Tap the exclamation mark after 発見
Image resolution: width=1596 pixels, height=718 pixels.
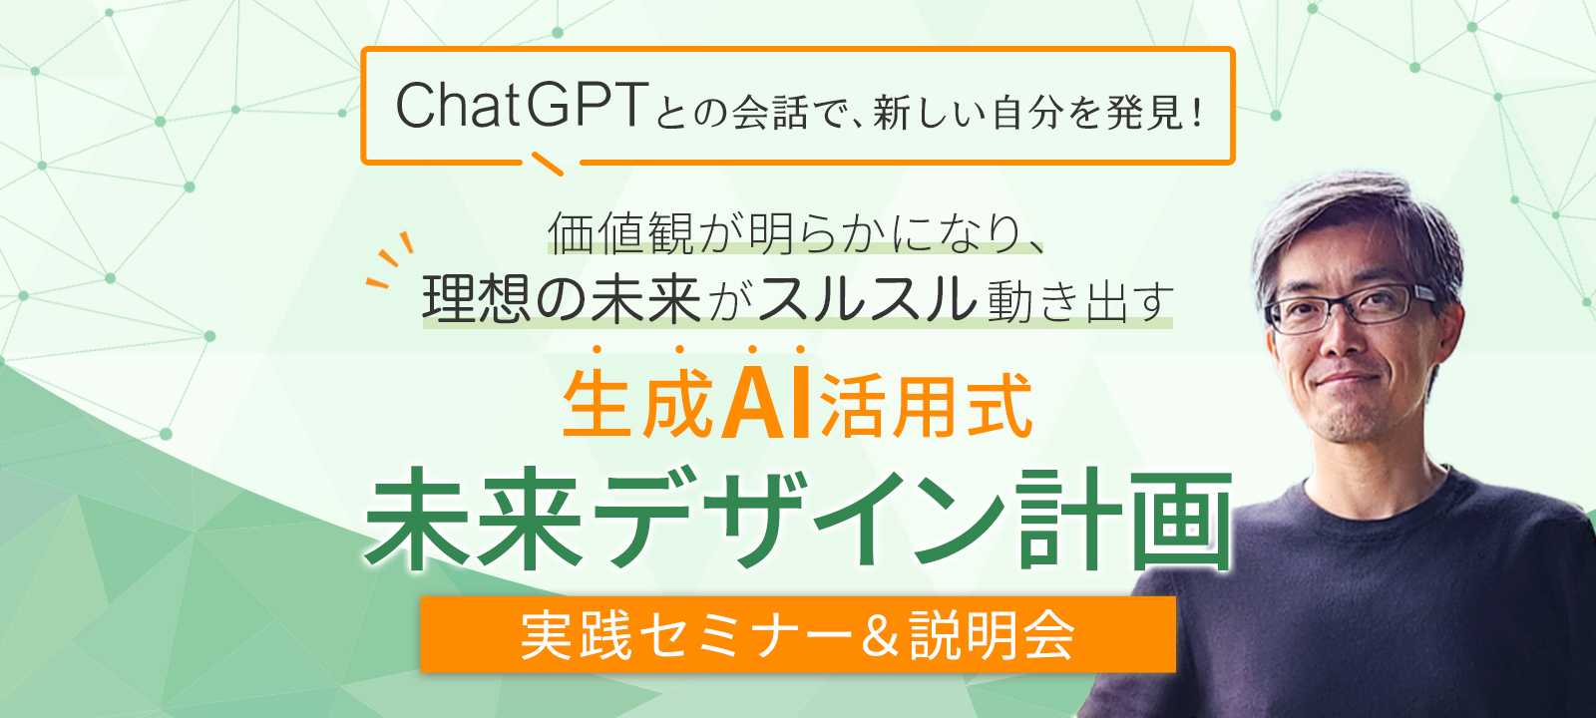(x=1196, y=114)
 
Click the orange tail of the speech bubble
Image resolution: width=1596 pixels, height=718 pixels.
(x=548, y=164)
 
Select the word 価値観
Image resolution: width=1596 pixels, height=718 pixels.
(x=619, y=233)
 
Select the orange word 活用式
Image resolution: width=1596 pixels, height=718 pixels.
(x=926, y=405)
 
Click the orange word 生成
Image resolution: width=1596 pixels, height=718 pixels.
(x=637, y=405)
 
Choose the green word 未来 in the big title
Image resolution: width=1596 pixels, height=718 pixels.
(x=475, y=520)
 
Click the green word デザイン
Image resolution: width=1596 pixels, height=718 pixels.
(x=798, y=520)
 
